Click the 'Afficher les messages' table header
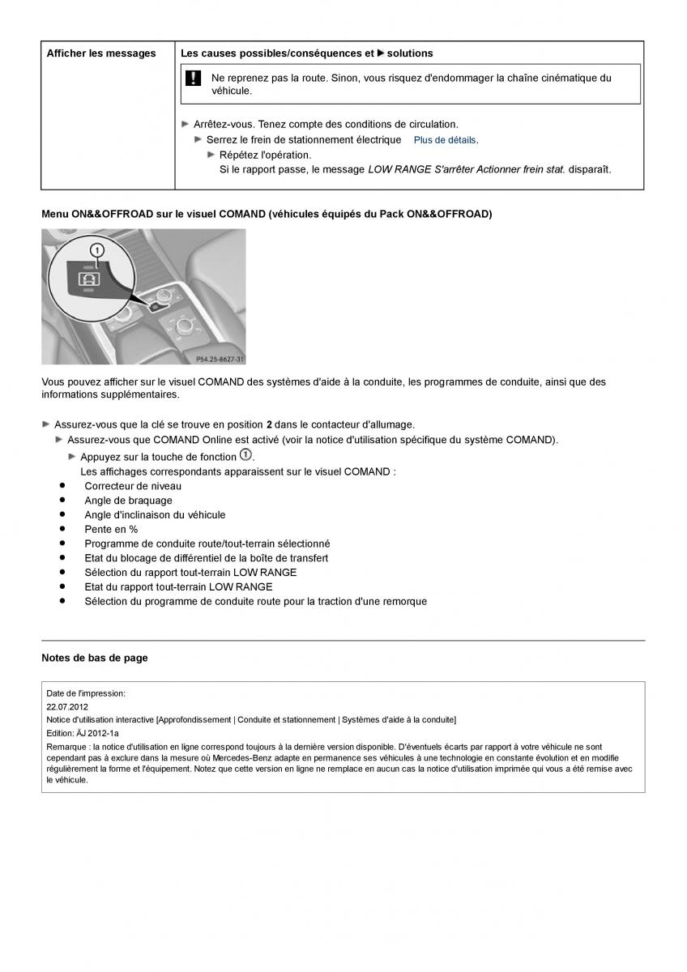(101, 53)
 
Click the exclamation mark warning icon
(194, 79)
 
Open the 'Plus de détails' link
(445, 140)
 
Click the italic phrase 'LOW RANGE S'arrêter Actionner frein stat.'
(467, 169)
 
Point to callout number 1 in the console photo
(97, 251)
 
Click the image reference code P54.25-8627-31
(220, 358)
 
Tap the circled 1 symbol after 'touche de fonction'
(246, 455)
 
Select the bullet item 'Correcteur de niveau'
(133, 486)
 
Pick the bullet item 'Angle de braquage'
(128, 501)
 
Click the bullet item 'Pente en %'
(111, 529)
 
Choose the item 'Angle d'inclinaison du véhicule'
(155, 515)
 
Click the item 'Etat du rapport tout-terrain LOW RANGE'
(178, 586)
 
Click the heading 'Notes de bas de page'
(95, 658)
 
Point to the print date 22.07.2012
(67, 706)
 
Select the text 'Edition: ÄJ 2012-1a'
(82, 732)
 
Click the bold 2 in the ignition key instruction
(269, 424)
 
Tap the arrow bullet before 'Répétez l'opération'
(211, 155)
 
